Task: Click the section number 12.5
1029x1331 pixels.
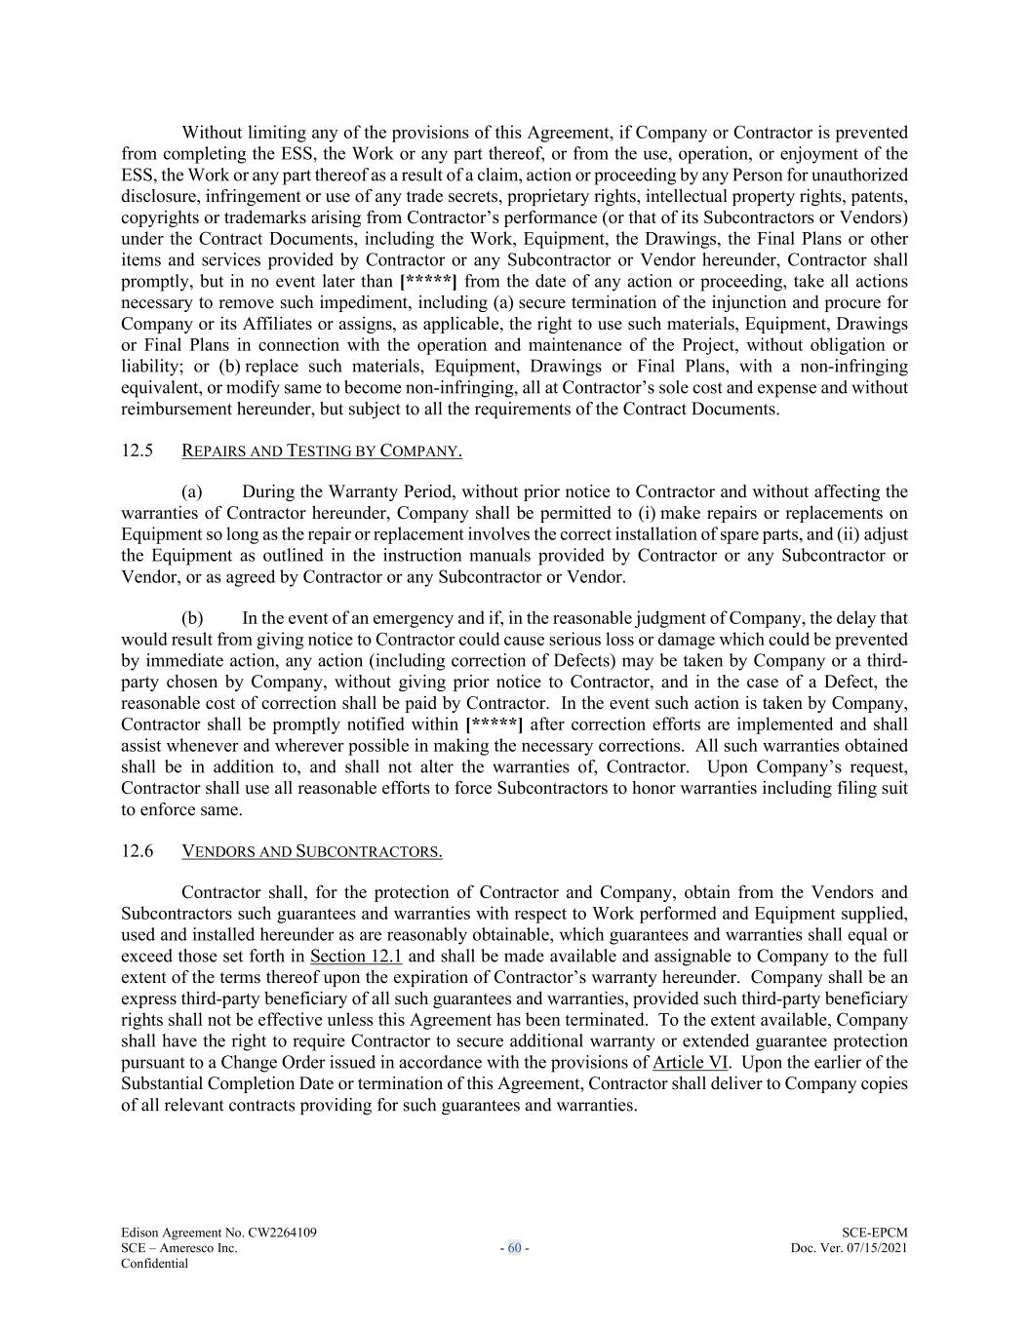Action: pos(138,450)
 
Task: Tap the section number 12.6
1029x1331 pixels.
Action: pos(138,851)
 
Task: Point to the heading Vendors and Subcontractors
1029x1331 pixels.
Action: pos(312,851)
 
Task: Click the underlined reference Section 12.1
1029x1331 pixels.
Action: pos(356,956)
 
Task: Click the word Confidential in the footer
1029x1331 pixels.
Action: pos(154,1264)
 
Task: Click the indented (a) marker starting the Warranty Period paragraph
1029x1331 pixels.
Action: pos(192,491)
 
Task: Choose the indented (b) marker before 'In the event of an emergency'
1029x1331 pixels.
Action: pos(192,618)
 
